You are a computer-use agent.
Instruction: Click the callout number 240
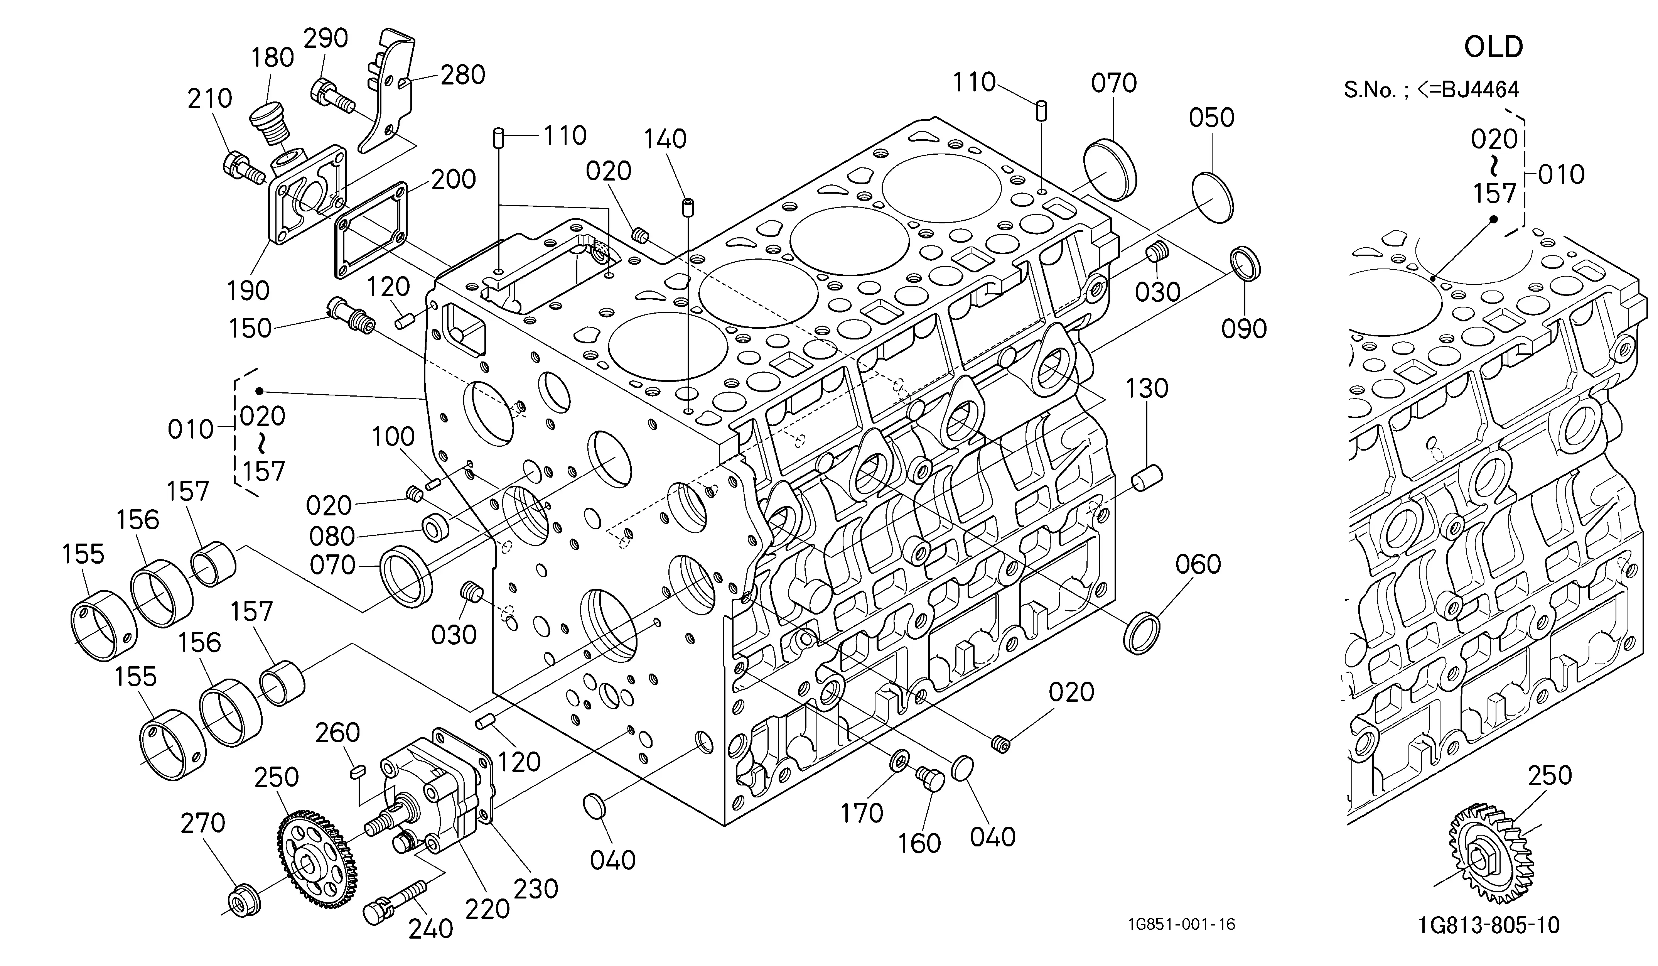point(431,929)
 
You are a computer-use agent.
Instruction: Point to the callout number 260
point(337,732)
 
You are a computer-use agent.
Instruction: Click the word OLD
point(1494,47)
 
